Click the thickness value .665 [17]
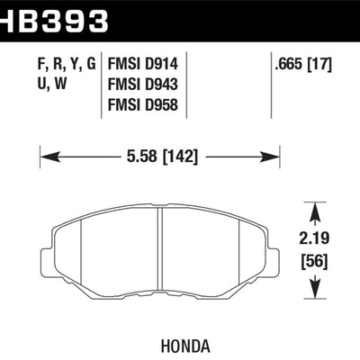pos(305,64)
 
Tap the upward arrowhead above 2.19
pos(316,211)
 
